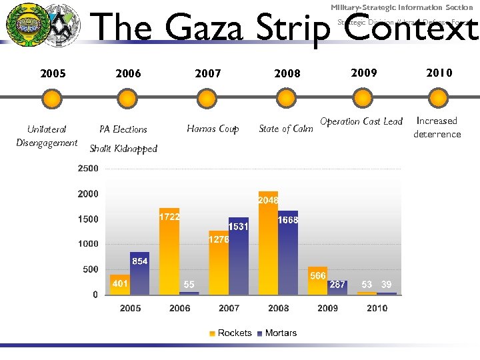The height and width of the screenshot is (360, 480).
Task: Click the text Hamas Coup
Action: (213, 129)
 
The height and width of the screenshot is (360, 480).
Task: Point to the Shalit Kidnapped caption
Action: (123, 149)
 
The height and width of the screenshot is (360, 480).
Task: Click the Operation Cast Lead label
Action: (361, 121)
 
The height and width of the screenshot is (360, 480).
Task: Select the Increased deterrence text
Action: (437, 127)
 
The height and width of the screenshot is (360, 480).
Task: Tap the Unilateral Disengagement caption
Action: (47, 135)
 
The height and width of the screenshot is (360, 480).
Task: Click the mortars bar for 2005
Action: (139, 273)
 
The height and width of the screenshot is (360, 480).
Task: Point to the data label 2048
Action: (268, 200)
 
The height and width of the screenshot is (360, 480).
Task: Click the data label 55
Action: (189, 285)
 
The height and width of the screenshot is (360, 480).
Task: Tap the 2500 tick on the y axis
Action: (87, 169)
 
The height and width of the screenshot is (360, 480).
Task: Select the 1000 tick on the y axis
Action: (87, 244)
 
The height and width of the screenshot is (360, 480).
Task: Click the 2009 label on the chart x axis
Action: (327, 308)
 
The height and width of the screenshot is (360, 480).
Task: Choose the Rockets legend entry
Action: (230, 333)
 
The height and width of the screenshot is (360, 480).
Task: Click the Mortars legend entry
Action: (276, 333)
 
